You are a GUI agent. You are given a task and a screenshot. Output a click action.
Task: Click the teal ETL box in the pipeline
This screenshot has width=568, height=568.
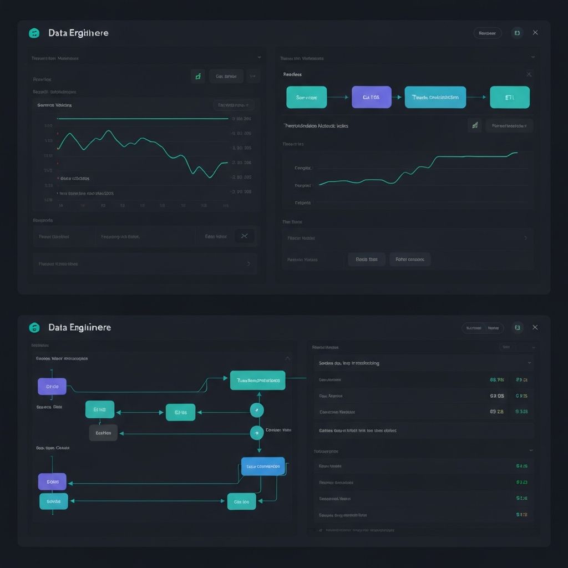pos(510,97)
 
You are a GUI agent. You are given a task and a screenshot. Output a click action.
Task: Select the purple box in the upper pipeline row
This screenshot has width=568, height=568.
pos(371,97)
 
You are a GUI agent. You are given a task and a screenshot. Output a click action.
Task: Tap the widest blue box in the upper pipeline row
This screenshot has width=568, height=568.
pos(435,97)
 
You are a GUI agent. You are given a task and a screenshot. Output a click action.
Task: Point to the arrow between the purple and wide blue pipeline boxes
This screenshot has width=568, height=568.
pos(398,97)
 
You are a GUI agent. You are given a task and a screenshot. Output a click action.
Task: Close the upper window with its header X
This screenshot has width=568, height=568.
pos(535,33)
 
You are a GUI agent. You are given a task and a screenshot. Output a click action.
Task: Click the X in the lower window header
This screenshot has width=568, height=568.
pos(535,327)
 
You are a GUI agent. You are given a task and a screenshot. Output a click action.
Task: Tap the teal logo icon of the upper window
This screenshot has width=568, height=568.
pos(34,33)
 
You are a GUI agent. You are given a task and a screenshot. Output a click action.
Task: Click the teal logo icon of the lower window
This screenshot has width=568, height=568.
pos(34,327)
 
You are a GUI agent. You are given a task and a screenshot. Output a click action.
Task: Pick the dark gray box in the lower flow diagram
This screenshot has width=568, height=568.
pos(103,433)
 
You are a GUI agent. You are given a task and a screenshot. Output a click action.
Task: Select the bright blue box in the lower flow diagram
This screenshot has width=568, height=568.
pos(263,466)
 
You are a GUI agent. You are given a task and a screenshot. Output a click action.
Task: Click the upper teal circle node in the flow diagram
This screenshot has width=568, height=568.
pos(256,410)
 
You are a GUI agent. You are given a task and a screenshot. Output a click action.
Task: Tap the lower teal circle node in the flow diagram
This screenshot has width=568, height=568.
pos(256,433)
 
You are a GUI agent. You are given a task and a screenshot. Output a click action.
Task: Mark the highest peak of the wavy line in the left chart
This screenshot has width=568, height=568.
pos(109,131)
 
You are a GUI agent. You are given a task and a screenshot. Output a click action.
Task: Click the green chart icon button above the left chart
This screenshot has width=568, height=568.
pos(198,76)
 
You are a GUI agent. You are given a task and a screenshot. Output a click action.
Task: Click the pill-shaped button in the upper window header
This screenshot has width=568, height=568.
pos(487,33)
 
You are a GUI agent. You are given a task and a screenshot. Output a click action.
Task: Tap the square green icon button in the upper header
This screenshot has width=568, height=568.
pos(517,33)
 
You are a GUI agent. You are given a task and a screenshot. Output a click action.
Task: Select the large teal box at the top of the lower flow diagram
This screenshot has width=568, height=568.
pos(257,381)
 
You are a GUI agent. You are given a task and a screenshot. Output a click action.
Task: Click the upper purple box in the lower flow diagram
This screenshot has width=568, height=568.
pos(52,386)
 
